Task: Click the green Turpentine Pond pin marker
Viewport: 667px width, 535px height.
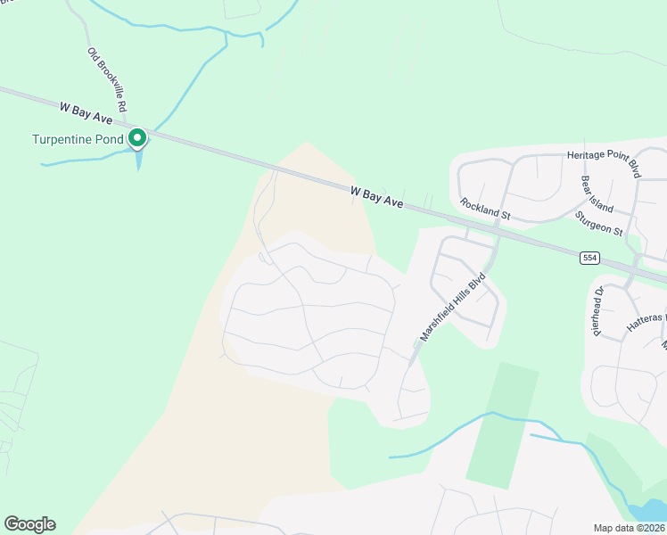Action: click(136, 138)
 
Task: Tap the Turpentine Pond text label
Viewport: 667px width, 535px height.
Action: click(78, 139)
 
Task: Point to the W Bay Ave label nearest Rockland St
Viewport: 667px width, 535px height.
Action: click(377, 196)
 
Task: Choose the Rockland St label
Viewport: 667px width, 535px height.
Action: click(485, 210)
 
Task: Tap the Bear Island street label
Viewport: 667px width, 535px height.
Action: click(597, 193)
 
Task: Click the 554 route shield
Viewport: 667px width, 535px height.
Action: click(589, 258)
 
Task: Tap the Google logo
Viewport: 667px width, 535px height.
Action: click(29, 524)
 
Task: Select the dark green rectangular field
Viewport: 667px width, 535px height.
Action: click(503, 424)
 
